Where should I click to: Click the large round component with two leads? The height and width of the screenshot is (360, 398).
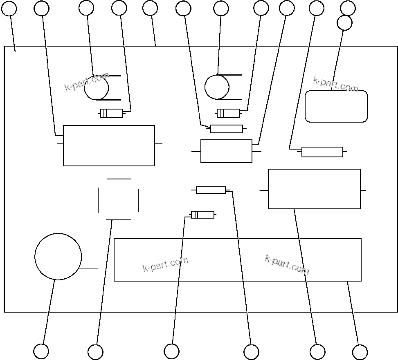pyautogui.click(x=58, y=257)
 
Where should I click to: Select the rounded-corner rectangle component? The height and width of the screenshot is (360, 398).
pyautogui.click(x=336, y=106)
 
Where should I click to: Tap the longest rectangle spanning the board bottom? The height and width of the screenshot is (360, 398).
pyautogui.click(x=237, y=260)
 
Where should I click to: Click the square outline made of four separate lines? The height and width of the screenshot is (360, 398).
pyautogui.click(x=119, y=199)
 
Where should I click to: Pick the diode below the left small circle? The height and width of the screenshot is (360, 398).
pyautogui.click(x=112, y=114)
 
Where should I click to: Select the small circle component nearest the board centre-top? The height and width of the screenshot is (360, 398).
pyautogui.click(x=217, y=87)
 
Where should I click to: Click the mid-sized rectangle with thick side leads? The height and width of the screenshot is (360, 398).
pyautogui.click(x=226, y=151)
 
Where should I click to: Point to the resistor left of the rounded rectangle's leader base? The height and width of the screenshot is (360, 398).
pyautogui.click(x=322, y=152)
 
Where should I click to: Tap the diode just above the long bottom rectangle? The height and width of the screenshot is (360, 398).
pyautogui.click(x=202, y=215)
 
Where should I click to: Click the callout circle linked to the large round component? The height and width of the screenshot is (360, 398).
pyautogui.click(x=41, y=351)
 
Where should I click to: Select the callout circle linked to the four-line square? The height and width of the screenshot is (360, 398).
pyautogui.click(x=95, y=352)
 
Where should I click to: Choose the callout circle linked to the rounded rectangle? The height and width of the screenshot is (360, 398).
pyautogui.click(x=344, y=23)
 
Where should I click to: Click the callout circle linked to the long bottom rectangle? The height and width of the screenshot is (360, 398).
pyautogui.click(x=360, y=352)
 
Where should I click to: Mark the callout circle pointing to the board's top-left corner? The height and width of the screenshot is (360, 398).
pyautogui.click(x=9, y=8)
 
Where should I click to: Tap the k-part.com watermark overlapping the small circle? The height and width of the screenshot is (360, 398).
pyautogui.click(x=87, y=81)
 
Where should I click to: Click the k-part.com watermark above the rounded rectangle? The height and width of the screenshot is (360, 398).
pyautogui.click(x=335, y=84)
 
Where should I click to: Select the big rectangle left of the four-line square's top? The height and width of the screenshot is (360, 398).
pyautogui.click(x=109, y=145)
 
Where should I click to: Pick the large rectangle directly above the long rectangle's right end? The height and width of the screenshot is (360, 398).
pyautogui.click(x=314, y=189)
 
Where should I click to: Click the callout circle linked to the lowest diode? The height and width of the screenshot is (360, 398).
pyautogui.click(x=171, y=351)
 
